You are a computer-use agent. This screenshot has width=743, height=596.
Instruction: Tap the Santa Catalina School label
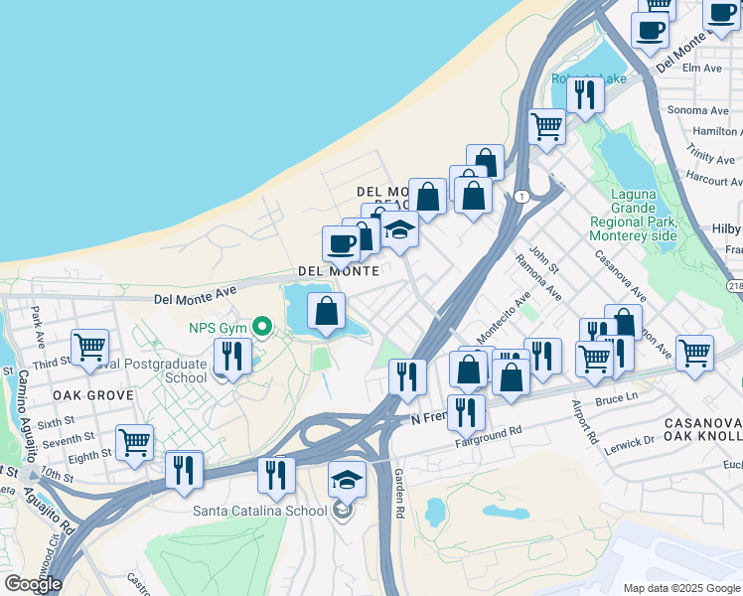click(259, 511)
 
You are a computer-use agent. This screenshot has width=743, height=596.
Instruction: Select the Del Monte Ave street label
click(196, 294)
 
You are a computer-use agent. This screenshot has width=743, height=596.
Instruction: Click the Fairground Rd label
click(489, 433)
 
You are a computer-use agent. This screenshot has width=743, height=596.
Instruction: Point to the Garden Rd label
click(398, 492)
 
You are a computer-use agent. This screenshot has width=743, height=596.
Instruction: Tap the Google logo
click(32, 584)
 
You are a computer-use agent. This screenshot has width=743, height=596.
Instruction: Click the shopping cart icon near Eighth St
click(134, 441)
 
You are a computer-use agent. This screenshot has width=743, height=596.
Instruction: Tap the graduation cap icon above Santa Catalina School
click(347, 480)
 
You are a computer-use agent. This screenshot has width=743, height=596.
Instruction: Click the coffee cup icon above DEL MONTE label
click(341, 242)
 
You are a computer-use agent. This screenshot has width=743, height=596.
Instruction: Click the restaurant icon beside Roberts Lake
click(585, 93)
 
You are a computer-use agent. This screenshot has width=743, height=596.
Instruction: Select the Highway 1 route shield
click(521, 197)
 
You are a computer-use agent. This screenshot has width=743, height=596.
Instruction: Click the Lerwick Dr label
click(629, 438)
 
